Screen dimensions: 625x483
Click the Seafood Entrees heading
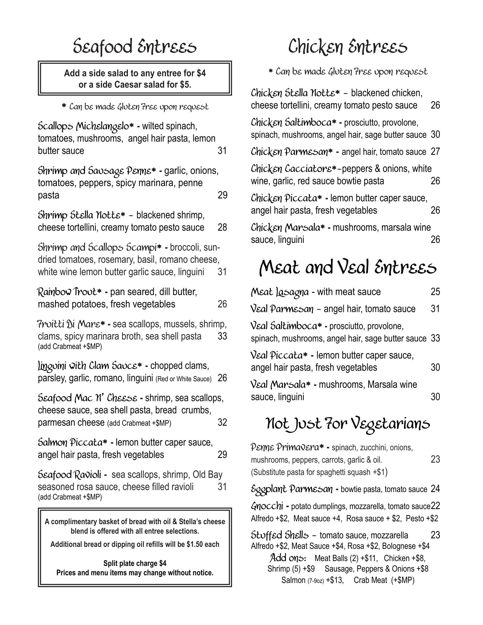135,47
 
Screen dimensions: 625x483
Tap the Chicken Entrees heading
347,47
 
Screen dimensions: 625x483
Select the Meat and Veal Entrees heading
347,268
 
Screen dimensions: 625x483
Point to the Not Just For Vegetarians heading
347,424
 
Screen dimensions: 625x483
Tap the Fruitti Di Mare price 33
222,336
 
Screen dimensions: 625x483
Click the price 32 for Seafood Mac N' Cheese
222,422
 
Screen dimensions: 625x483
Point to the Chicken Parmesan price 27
435,152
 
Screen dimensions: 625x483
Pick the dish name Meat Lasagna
280,292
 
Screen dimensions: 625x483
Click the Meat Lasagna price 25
435,291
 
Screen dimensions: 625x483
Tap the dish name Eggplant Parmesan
292,489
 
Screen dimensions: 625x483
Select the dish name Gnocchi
267,506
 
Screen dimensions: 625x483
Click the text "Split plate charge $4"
135,563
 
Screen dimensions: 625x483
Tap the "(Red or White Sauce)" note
184,379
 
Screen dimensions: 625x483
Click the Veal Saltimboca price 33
435,338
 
